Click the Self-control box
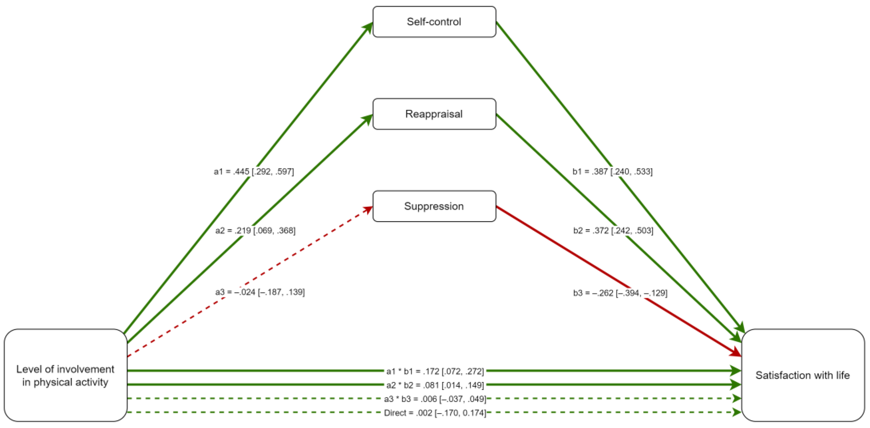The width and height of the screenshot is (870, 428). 434,22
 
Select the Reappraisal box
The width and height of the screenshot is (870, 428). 434,114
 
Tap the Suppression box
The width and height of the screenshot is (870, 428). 434,206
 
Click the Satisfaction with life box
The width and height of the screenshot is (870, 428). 802,375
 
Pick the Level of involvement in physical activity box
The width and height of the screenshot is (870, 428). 65,375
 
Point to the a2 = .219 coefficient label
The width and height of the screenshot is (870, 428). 255,231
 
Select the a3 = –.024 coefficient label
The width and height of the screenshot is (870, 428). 260,292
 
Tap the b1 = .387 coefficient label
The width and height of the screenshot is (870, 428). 612,172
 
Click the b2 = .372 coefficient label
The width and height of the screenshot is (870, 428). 613,231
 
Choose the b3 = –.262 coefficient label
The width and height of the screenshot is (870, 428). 620,293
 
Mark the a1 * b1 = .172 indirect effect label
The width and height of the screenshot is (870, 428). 435,371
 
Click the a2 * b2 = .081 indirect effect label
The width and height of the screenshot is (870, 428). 435,385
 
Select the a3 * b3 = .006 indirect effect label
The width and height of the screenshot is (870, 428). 435,399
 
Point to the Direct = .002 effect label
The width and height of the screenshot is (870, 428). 435,413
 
